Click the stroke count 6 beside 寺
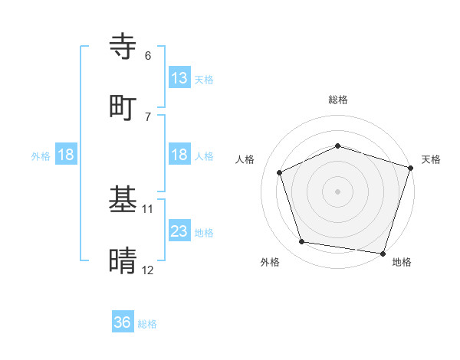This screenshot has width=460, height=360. pyautogui.click(x=148, y=56)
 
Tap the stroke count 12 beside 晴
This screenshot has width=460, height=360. pyautogui.click(x=148, y=270)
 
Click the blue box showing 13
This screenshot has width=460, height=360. pyautogui.click(x=179, y=78)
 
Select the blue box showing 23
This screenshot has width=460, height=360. pyautogui.click(x=179, y=231)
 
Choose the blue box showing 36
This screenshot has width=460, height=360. pyautogui.click(x=123, y=322)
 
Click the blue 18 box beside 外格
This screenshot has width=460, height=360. pyautogui.click(x=66, y=155)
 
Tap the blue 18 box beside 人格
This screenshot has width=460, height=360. pyautogui.click(x=179, y=155)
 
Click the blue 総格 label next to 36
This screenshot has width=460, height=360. pyautogui.click(x=147, y=323)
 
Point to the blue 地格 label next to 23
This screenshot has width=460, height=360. pyautogui.click(x=204, y=232)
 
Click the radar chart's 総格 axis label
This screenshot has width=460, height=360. pyautogui.click(x=338, y=100)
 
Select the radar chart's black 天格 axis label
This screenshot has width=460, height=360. pyautogui.click(x=431, y=159)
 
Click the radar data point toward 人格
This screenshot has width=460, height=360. pyautogui.click(x=280, y=172)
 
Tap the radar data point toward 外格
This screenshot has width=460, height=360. pyautogui.click(x=303, y=242)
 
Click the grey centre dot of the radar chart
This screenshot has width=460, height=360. pyautogui.click(x=338, y=191)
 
